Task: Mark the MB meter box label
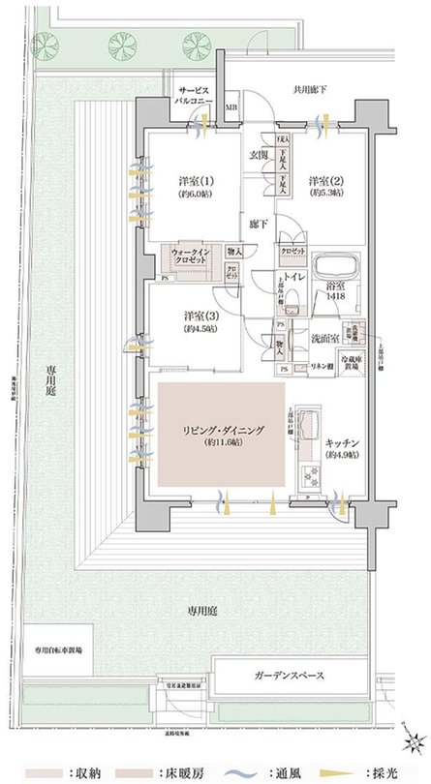pos(231,107)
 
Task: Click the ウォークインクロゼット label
pos(192,256)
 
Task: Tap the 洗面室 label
pos(323,339)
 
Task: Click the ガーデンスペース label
pos(290,676)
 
